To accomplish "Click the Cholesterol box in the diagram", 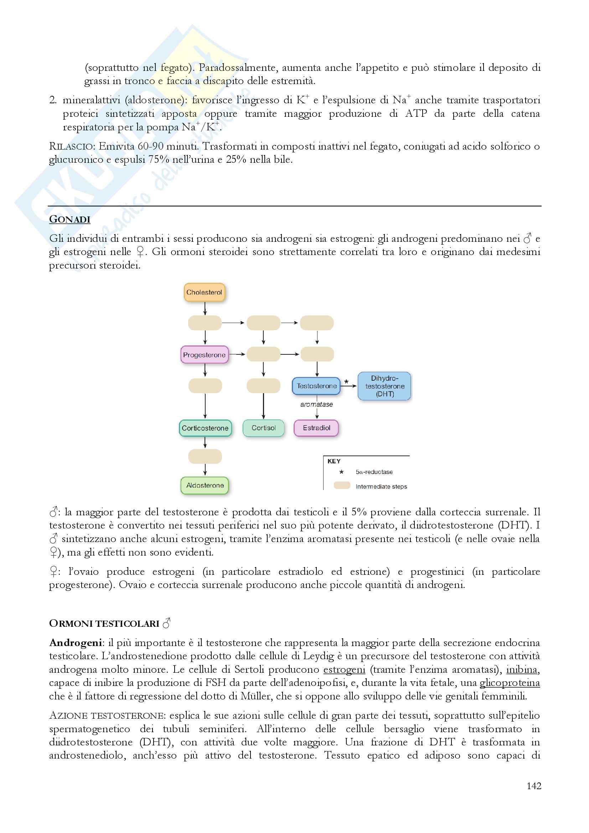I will click(x=204, y=292).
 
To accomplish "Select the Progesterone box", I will click(x=204, y=355).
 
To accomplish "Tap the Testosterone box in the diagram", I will click(x=316, y=386).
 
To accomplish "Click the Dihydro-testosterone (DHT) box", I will click(x=384, y=386).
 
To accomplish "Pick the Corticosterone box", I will click(x=205, y=428).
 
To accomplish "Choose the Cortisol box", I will click(x=263, y=428).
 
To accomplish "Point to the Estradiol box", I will click(x=316, y=428).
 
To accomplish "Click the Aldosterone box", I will click(x=205, y=485).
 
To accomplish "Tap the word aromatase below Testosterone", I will click(x=316, y=404).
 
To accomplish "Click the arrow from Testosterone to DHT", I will click(x=349, y=386).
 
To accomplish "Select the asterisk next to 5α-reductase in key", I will click(x=341, y=472).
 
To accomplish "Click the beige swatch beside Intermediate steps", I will click(x=342, y=485).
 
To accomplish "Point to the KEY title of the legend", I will click(x=334, y=461).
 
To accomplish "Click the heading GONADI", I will click(x=70, y=219).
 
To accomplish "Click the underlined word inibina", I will click(x=522, y=670).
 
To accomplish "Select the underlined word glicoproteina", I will click(x=510, y=683).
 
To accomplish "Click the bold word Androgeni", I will click(x=75, y=643).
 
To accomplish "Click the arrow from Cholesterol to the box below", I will click(x=205, y=308).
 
